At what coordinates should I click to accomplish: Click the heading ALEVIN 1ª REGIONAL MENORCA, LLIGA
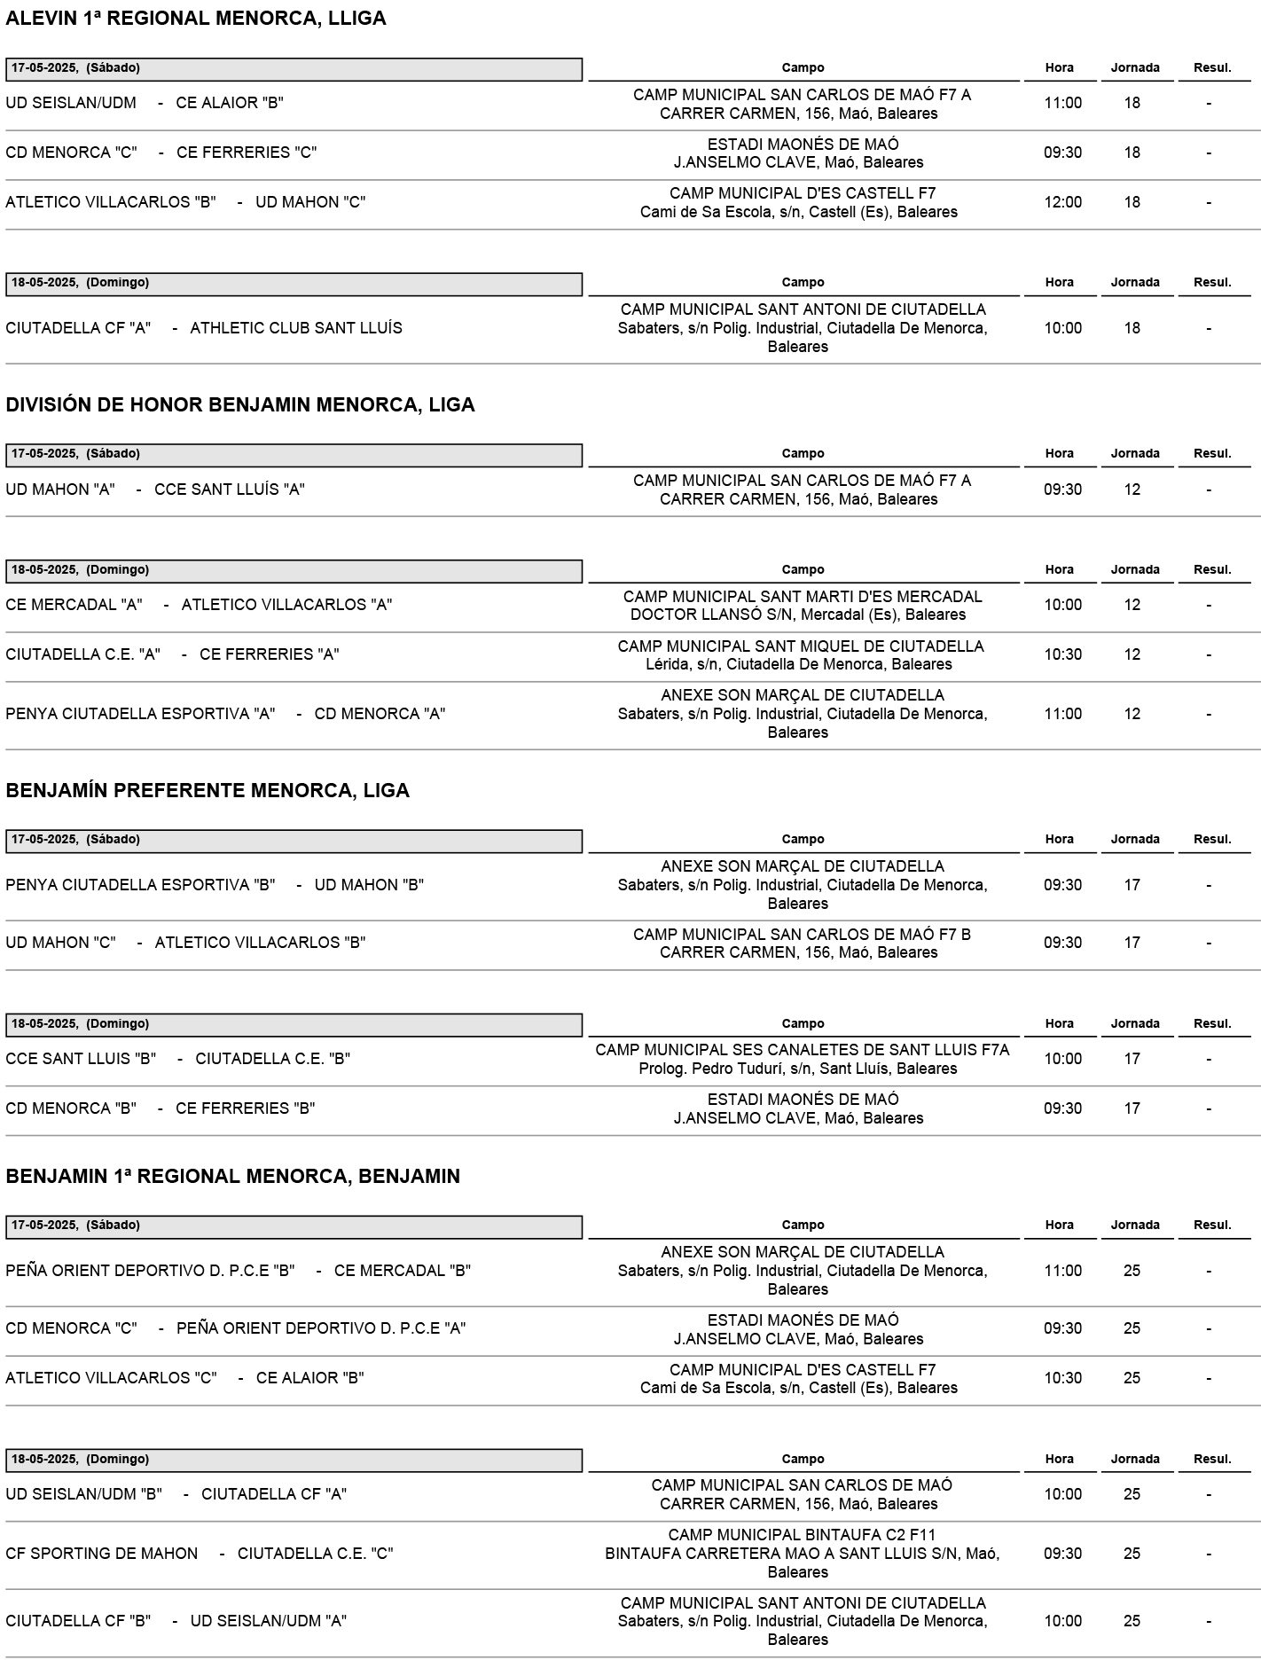[196, 19]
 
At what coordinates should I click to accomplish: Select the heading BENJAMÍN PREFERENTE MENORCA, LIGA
[208, 790]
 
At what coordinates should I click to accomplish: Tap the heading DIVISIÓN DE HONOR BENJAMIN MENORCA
[240, 404]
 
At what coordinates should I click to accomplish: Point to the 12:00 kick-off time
[1062, 202]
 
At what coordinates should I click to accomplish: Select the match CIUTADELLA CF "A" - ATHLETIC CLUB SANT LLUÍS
[204, 328]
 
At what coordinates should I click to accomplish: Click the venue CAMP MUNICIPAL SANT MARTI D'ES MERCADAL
[803, 596]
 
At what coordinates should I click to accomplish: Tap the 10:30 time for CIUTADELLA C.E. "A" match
[1062, 654]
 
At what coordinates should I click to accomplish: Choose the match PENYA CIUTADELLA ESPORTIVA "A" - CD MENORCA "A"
[225, 714]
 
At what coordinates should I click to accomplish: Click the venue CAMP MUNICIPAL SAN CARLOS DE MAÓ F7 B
[802, 934]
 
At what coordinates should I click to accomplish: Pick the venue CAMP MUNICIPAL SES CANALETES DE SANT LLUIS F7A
[802, 1050]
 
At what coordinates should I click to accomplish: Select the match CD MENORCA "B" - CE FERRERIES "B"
[161, 1108]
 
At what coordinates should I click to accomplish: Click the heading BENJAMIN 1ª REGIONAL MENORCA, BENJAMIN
[232, 1176]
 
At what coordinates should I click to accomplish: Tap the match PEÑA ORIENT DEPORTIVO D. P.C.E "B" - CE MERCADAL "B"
[238, 1271]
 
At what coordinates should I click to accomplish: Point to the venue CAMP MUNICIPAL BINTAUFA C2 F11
[802, 1535]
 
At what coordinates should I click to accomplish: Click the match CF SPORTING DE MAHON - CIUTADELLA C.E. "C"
[200, 1554]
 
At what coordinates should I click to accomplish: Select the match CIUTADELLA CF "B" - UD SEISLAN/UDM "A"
[176, 1621]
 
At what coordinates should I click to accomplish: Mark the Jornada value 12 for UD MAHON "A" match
[1132, 489]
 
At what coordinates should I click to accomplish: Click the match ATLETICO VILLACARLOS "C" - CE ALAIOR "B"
[184, 1378]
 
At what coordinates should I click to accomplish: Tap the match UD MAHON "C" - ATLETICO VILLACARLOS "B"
[185, 943]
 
